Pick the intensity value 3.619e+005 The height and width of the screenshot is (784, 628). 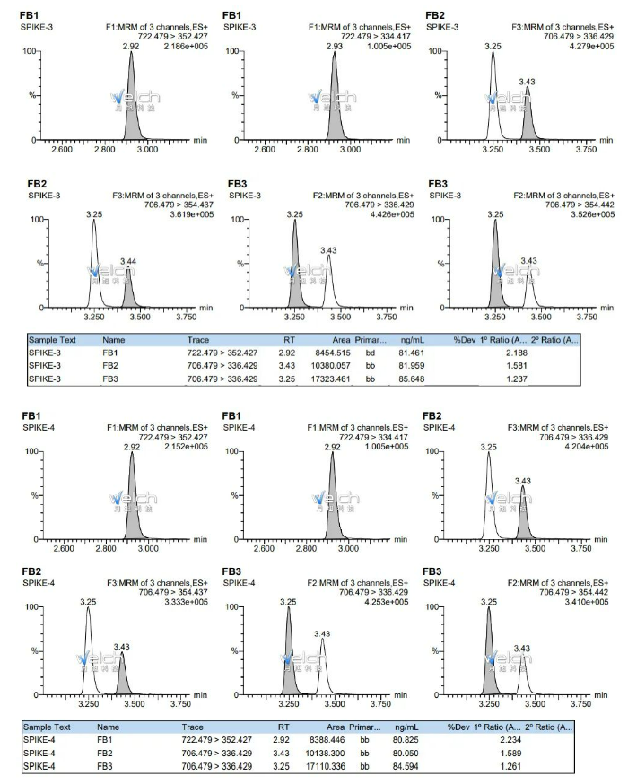pyautogui.click(x=186, y=215)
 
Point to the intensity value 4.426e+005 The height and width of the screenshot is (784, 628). pyautogui.click(x=389, y=215)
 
